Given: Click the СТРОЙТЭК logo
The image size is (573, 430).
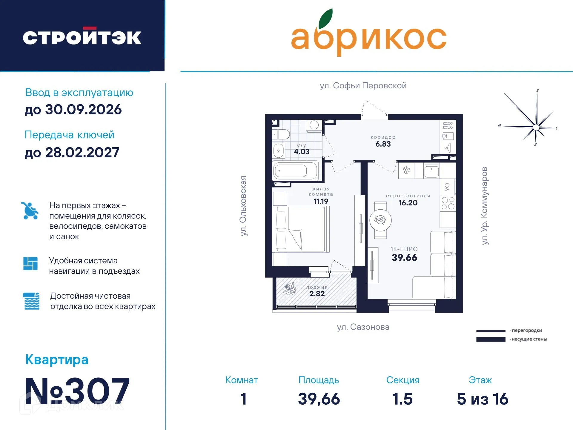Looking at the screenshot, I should [x=82, y=37].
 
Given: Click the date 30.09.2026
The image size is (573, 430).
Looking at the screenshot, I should [x=83, y=110].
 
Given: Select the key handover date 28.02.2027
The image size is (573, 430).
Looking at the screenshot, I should [x=82, y=153].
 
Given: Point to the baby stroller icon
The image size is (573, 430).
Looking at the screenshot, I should [x=30, y=211].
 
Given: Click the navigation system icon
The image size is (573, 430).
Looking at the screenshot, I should [x=30, y=263].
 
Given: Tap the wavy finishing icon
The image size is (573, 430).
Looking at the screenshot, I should [x=31, y=301].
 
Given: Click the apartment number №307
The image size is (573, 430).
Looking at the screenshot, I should [x=77, y=391].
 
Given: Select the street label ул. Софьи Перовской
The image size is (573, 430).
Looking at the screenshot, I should [x=363, y=86].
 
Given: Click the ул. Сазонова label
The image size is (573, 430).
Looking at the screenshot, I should [x=363, y=327].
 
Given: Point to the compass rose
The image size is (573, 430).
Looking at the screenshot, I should [x=535, y=127].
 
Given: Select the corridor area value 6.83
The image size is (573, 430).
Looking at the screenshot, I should [x=383, y=144].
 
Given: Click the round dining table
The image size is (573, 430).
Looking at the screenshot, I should [x=380, y=220].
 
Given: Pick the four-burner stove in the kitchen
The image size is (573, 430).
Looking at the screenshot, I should [x=448, y=203].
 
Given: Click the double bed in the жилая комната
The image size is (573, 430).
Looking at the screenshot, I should [x=302, y=229].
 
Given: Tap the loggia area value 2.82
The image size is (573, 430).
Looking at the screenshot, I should [x=317, y=294].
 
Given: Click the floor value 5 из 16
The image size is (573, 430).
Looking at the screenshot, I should [x=482, y=399].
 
